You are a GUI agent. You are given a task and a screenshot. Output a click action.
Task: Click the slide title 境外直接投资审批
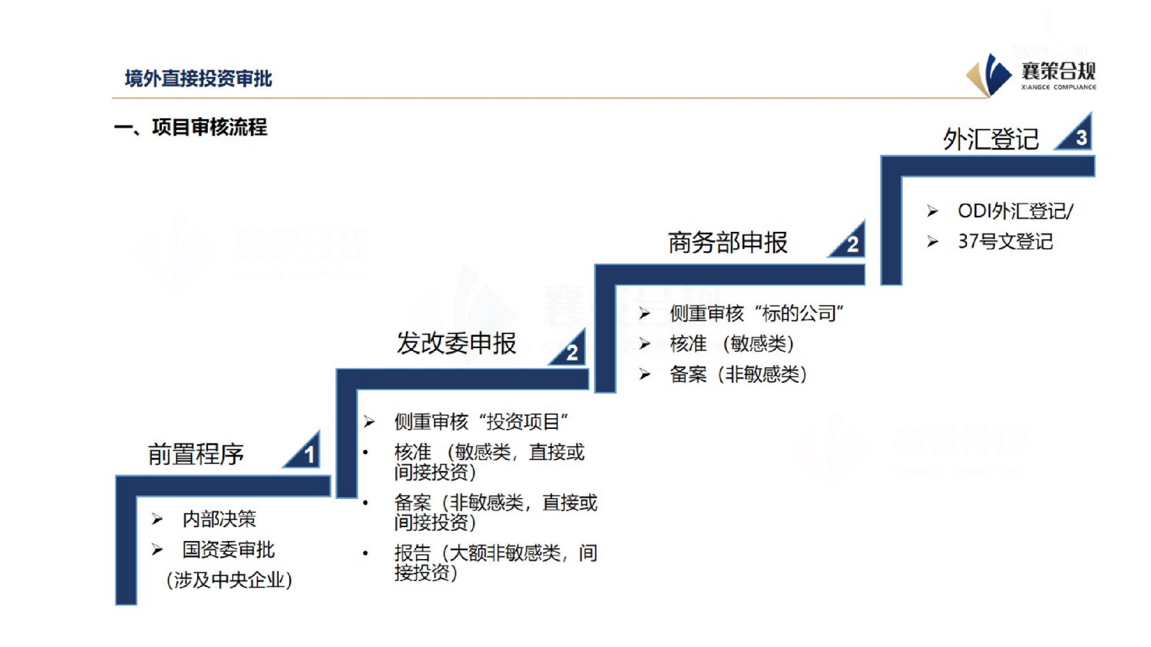(x=198, y=78)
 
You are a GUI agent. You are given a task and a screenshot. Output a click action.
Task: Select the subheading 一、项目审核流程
(x=191, y=127)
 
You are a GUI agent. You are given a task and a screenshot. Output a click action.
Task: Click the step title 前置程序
(x=196, y=454)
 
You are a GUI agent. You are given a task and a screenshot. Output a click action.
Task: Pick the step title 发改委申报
(x=456, y=343)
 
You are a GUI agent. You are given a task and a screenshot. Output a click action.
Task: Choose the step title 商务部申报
(x=728, y=243)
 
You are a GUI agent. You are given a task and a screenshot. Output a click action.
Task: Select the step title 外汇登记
(x=990, y=140)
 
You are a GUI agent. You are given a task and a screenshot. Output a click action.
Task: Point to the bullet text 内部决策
(x=219, y=519)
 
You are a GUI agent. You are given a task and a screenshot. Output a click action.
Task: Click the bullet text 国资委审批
(x=228, y=549)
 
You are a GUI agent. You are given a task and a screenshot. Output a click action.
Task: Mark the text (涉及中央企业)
(x=229, y=580)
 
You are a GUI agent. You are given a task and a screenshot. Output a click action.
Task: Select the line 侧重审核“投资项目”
(x=481, y=422)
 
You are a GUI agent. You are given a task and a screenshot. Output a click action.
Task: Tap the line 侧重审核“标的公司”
(x=757, y=313)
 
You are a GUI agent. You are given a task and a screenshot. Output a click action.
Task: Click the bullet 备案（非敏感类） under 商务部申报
(x=738, y=374)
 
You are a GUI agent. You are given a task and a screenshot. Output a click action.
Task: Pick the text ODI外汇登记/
(x=1016, y=211)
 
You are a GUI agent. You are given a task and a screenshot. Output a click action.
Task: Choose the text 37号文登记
(x=1005, y=241)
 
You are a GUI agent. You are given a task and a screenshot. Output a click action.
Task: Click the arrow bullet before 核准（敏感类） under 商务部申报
(x=644, y=344)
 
